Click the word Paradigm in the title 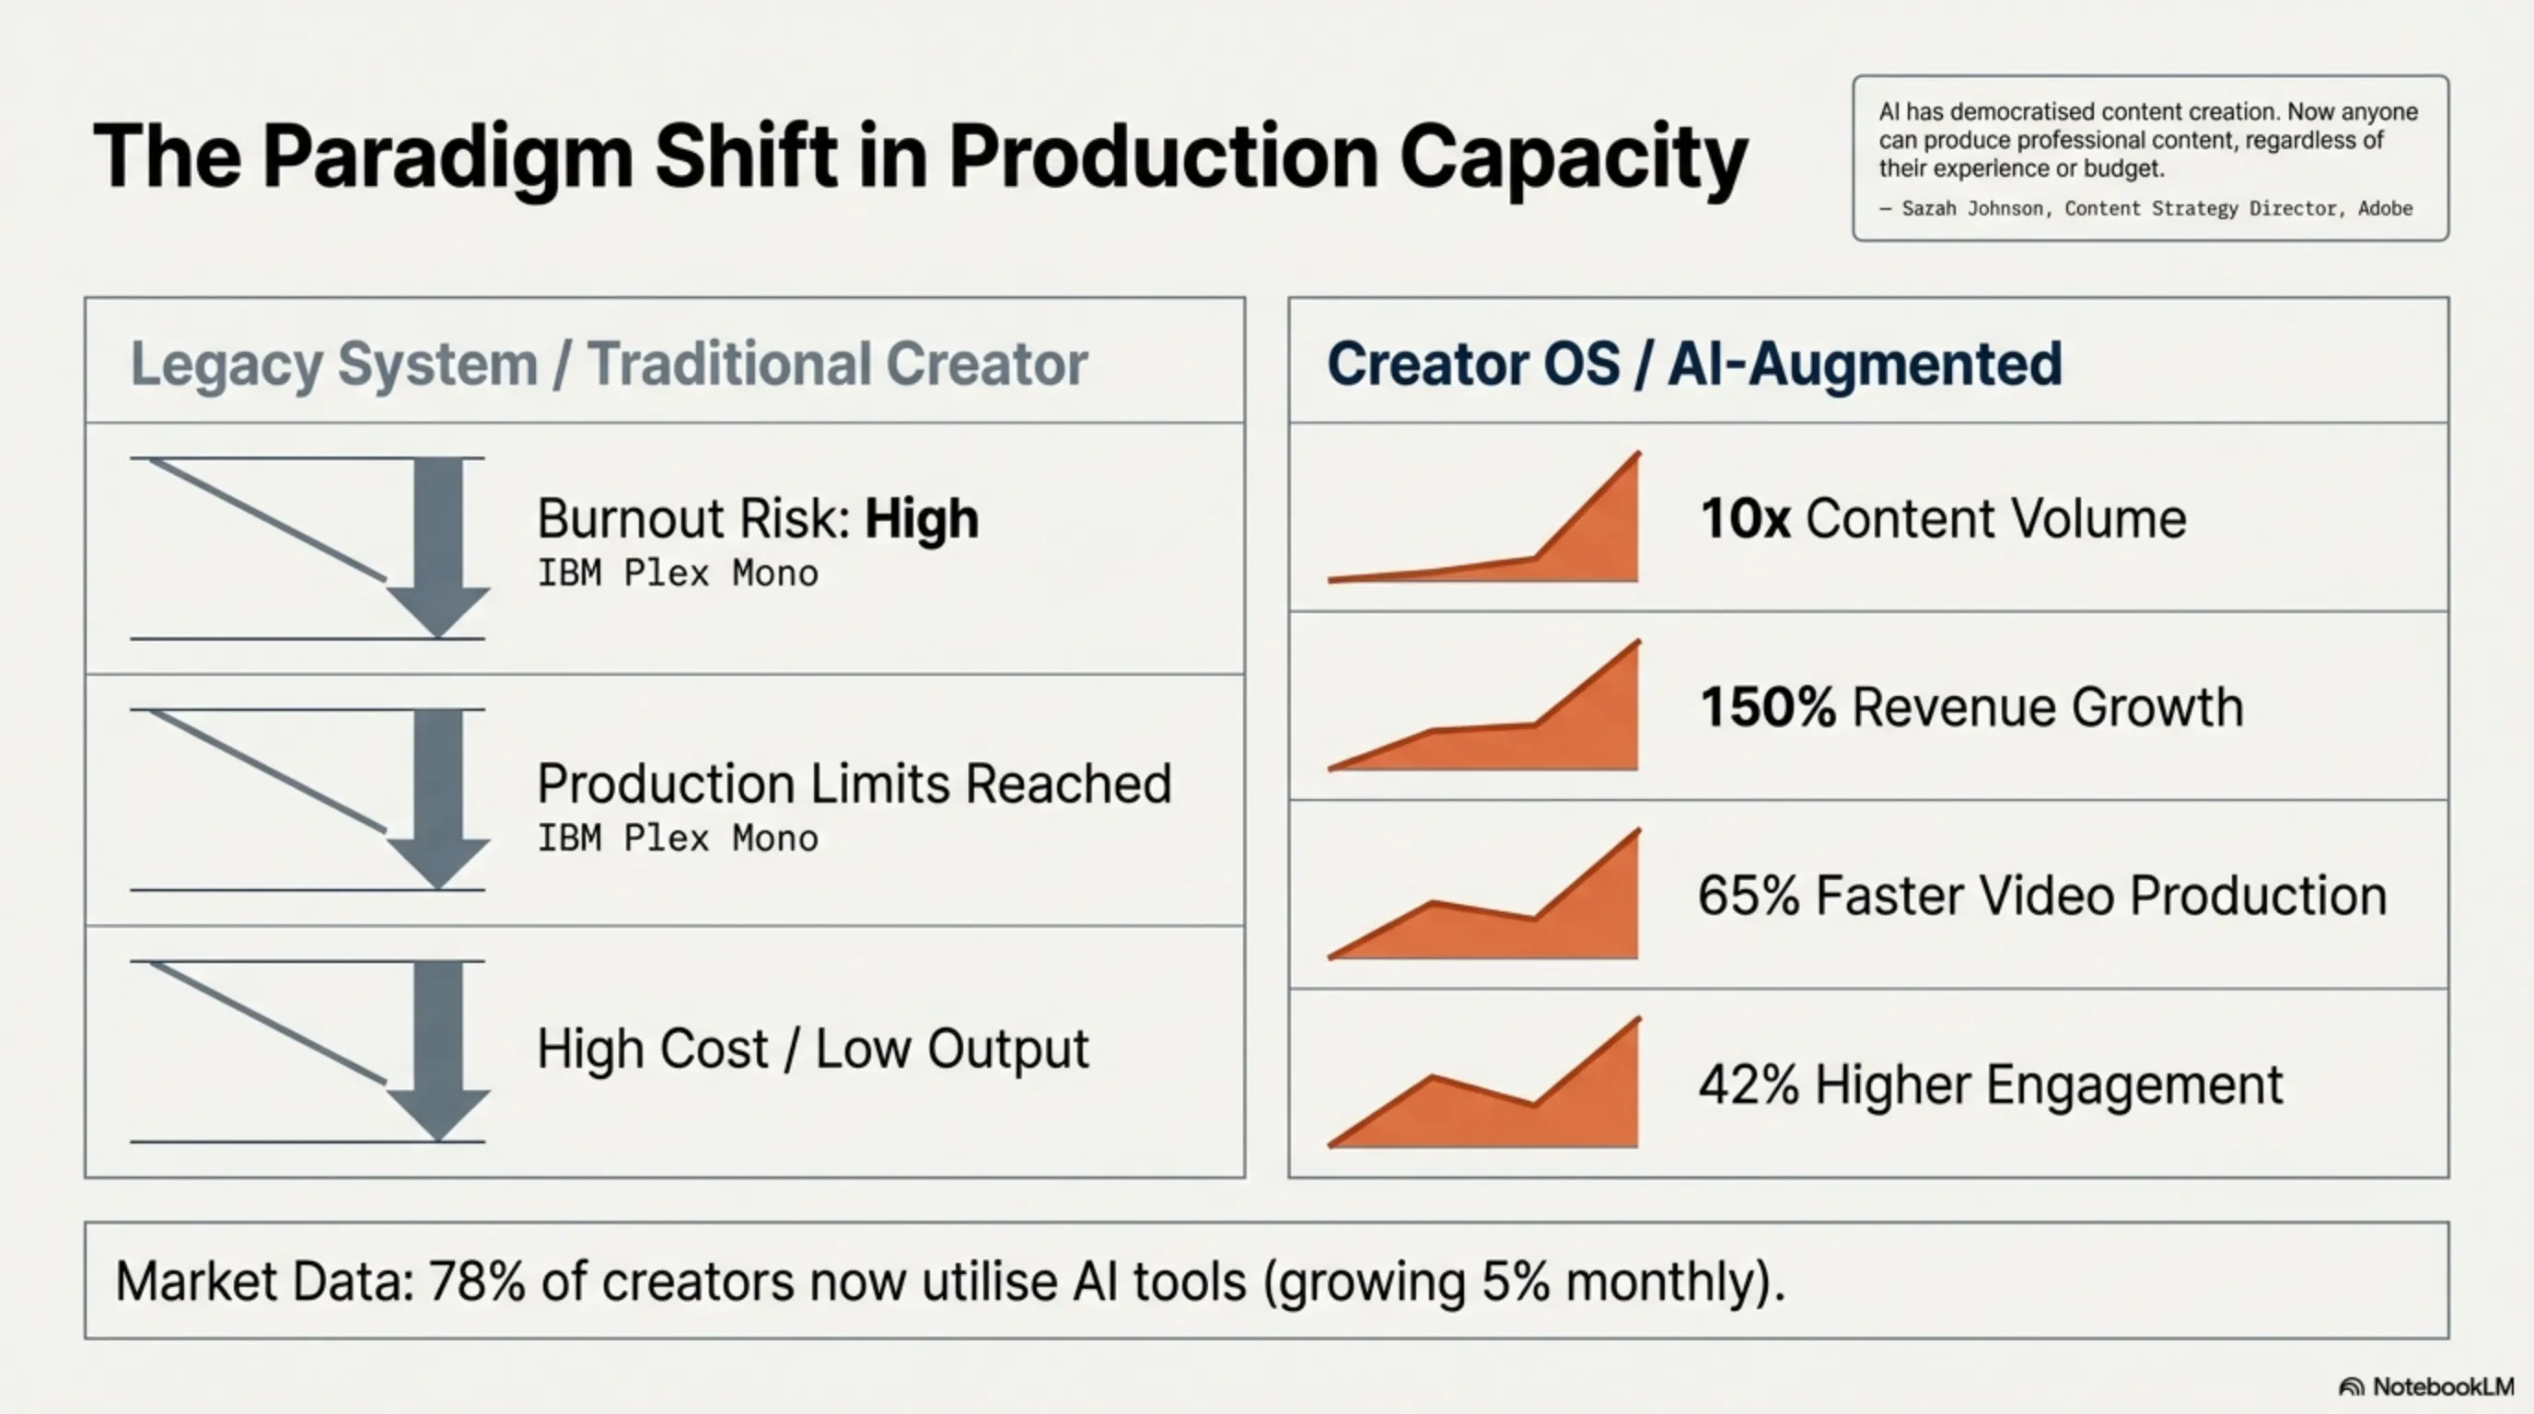coord(447,157)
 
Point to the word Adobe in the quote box coord(2385,208)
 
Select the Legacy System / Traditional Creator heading coord(609,364)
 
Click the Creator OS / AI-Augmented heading coord(1694,364)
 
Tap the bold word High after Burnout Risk coord(921,518)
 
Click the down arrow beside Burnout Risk coord(437,546)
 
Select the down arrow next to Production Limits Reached coord(437,797)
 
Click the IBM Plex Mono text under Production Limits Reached coord(677,839)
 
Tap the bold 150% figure coord(1768,707)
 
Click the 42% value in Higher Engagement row coord(1747,1084)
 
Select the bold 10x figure coord(1745,518)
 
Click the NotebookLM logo coord(2425,1386)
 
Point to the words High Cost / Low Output coord(812,1049)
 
